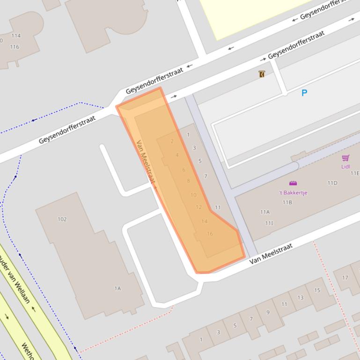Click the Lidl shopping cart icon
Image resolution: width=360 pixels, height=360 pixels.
[x=345, y=158]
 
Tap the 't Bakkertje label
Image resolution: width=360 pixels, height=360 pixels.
[x=293, y=193]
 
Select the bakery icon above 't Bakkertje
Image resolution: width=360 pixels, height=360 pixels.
[x=293, y=183]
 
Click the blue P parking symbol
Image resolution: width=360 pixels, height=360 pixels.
[x=304, y=93]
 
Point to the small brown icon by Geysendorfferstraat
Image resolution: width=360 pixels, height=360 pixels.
[x=262, y=74]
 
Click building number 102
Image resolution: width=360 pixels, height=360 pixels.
[x=62, y=219]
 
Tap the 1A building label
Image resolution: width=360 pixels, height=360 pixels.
[x=118, y=288]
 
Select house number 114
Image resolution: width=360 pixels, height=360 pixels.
[x=16, y=36]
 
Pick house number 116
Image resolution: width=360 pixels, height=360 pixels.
[x=15, y=47]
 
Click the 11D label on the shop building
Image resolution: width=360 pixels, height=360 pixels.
[x=332, y=183]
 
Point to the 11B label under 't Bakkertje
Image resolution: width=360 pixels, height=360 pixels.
[x=287, y=202]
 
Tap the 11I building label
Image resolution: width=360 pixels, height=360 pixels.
[x=269, y=223]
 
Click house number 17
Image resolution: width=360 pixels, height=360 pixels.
[x=345, y=278]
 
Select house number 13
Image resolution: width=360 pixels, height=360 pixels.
[x=300, y=297]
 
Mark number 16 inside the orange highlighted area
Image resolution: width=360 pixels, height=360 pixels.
[x=210, y=234]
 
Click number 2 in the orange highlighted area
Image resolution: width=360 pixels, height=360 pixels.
[x=172, y=141]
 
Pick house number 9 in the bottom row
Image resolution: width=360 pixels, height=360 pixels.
[x=268, y=312]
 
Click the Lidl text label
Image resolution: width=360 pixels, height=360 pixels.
[x=345, y=166]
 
